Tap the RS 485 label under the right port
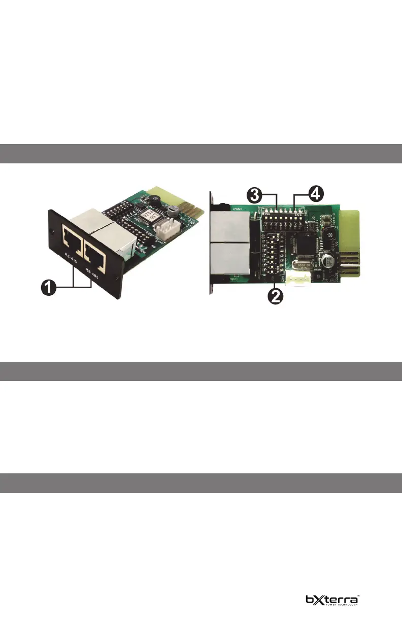[94, 269]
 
